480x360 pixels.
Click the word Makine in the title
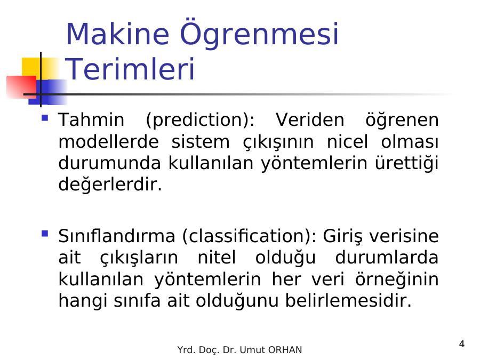(x=117, y=34)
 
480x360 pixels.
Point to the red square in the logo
(x=21, y=87)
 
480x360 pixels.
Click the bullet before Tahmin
(x=45, y=118)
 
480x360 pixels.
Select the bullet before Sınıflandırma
(x=45, y=234)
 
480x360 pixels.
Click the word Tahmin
(x=91, y=119)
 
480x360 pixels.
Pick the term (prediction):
(x=200, y=120)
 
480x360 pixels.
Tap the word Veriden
(x=310, y=119)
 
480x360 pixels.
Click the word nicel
(x=347, y=142)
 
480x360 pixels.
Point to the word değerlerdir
(x=110, y=185)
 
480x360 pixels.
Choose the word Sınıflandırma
(x=117, y=236)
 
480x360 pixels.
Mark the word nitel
(x=217, y=258)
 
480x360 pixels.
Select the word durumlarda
(x=387, y=258)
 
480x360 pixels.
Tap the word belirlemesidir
(x=348, y=300)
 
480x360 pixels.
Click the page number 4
(x=462, y=344)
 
